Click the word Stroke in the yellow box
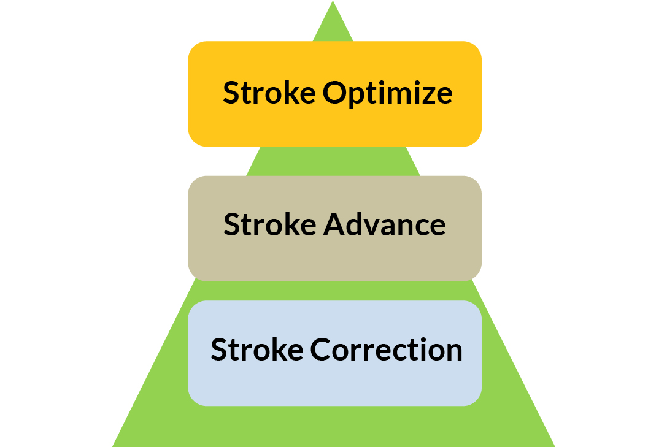click(269, 92)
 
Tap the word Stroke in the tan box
click(270, 224)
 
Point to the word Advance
click(384, 224)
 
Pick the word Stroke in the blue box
click(257, 350)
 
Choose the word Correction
click(386, 350)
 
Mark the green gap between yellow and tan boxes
click(333, 161)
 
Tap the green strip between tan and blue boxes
click(333, 291)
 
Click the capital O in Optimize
click(335, 92)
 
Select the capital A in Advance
click(334, 224)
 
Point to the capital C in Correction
click(321, 350)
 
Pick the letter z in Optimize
click(426, 96)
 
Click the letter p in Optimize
click(359, 98)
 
